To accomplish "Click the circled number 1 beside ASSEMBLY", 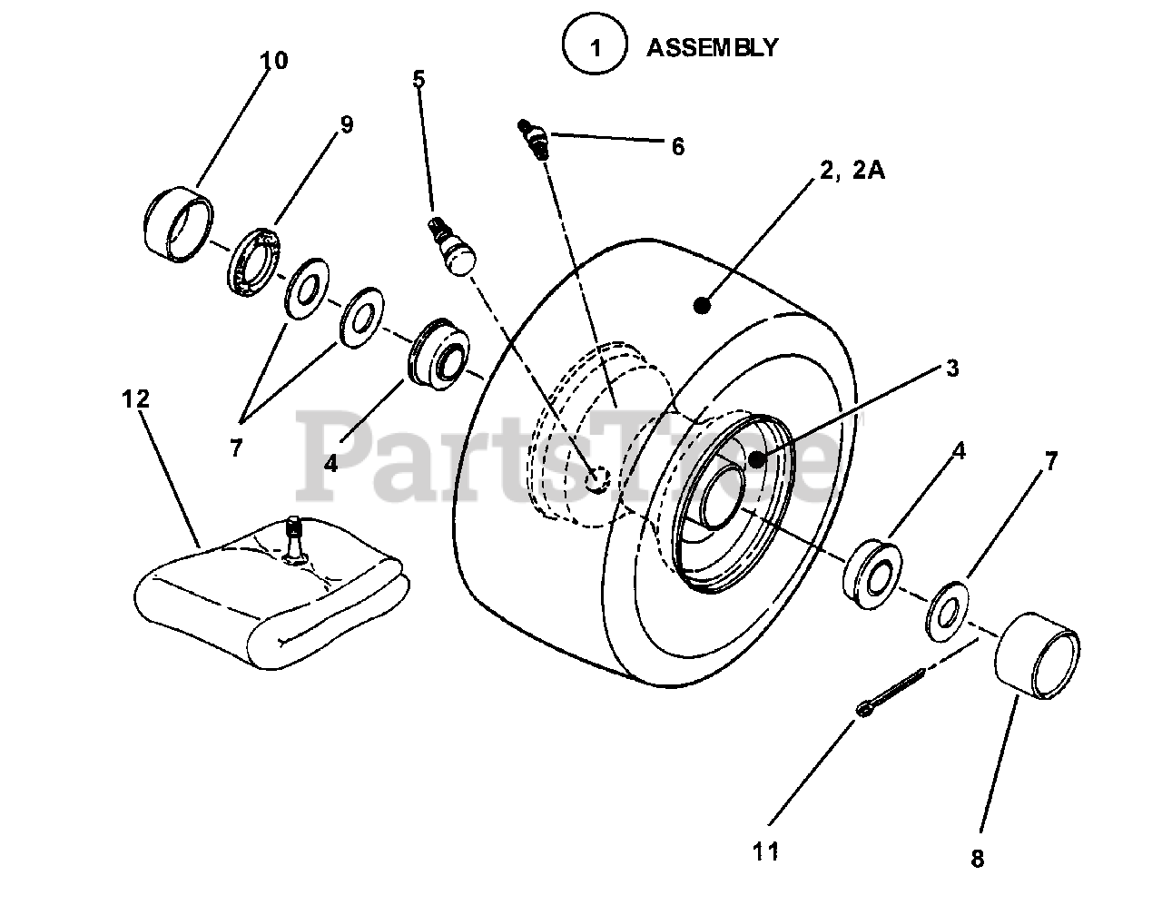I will (x=596, y=47).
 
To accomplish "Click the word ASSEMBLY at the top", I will (x=712, y=47).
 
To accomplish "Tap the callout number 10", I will (x=273, y=61).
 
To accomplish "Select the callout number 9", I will (x=346, y=124).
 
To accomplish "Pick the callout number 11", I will (x=765, y=851).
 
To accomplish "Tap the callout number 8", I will (x=977, y=859).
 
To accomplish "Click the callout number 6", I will (x=678, y=146).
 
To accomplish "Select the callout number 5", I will (x=419, y=79).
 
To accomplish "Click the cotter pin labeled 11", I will (x=890, y=693).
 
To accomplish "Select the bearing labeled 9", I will (x=254, y=261).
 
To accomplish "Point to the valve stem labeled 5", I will (x=450, y=245).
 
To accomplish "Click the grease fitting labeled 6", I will (x=536, y=139).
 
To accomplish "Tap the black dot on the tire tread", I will (x=701, y=306).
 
